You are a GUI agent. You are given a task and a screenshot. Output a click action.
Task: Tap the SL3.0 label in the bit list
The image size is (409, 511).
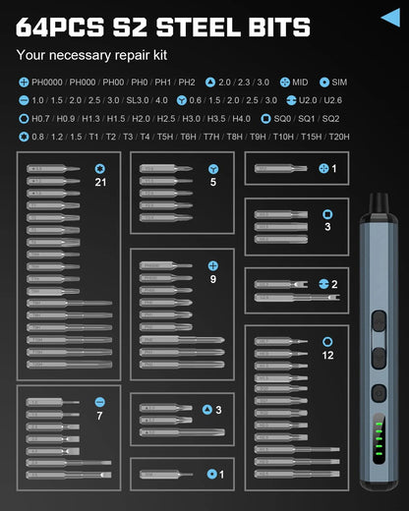click(140, 100)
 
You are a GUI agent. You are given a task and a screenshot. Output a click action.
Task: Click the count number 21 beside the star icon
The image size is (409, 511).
click(100, 182)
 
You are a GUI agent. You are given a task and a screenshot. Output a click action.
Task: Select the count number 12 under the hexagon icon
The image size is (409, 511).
click(326, 355)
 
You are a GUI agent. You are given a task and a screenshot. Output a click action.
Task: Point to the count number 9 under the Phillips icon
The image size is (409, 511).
click(212, 279)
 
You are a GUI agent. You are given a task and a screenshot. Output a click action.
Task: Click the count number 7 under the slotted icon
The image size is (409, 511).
click(99, 417)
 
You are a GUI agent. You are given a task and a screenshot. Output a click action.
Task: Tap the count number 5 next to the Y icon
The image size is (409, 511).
click(213, 182)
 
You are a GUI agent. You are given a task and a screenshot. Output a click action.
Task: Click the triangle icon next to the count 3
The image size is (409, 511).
click(207, 410)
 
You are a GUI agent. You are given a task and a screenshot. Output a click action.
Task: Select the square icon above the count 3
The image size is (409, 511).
click(327, 213)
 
